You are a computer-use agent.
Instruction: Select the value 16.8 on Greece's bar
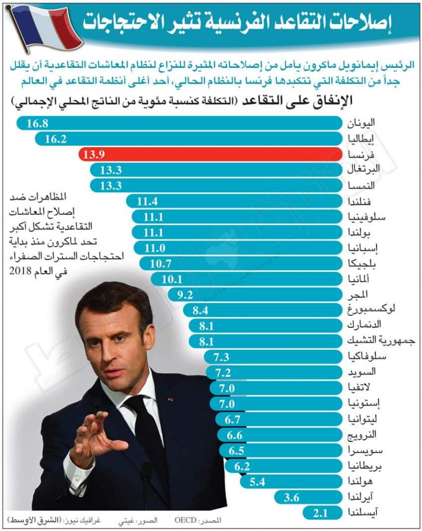click(38, 123)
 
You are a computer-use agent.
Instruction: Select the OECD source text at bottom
click(185, 519)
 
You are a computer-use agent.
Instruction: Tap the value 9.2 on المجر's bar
click(185, 295)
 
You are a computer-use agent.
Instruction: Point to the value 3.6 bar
click(306, 498)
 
